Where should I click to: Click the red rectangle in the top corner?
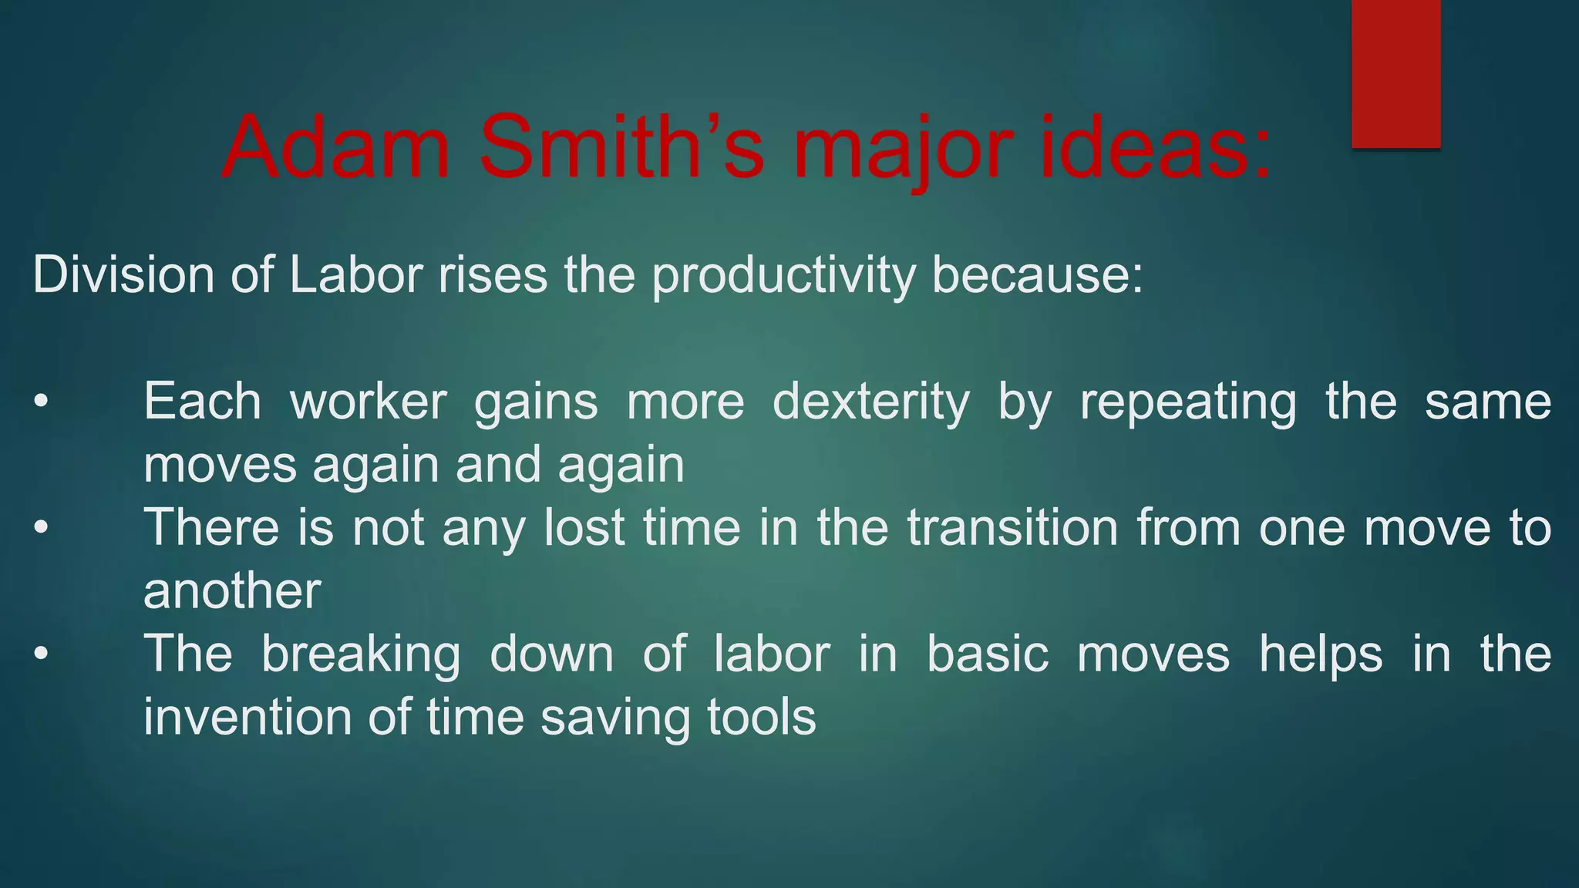tap(1396, 73)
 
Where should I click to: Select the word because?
tap(1038, 274)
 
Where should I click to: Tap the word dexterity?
tap(871, 402)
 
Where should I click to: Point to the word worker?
tap(369, 402)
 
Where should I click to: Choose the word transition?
tap(1012, 528)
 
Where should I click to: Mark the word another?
tap(232, 591)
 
